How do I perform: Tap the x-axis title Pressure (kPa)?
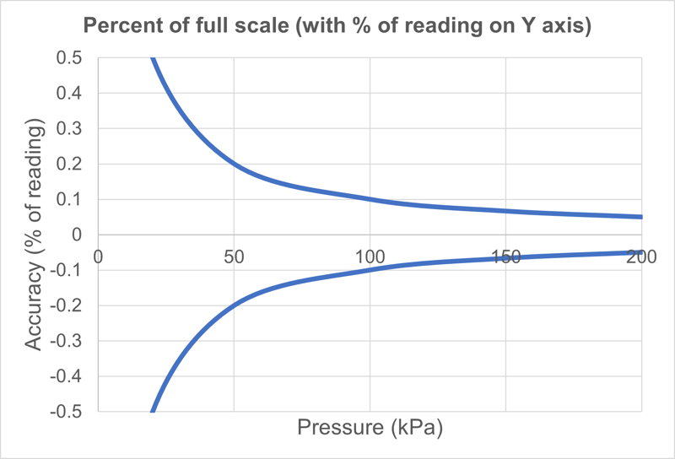(370, 429)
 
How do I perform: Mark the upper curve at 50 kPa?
(234, 165)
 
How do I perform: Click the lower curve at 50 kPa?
(234, 305)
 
